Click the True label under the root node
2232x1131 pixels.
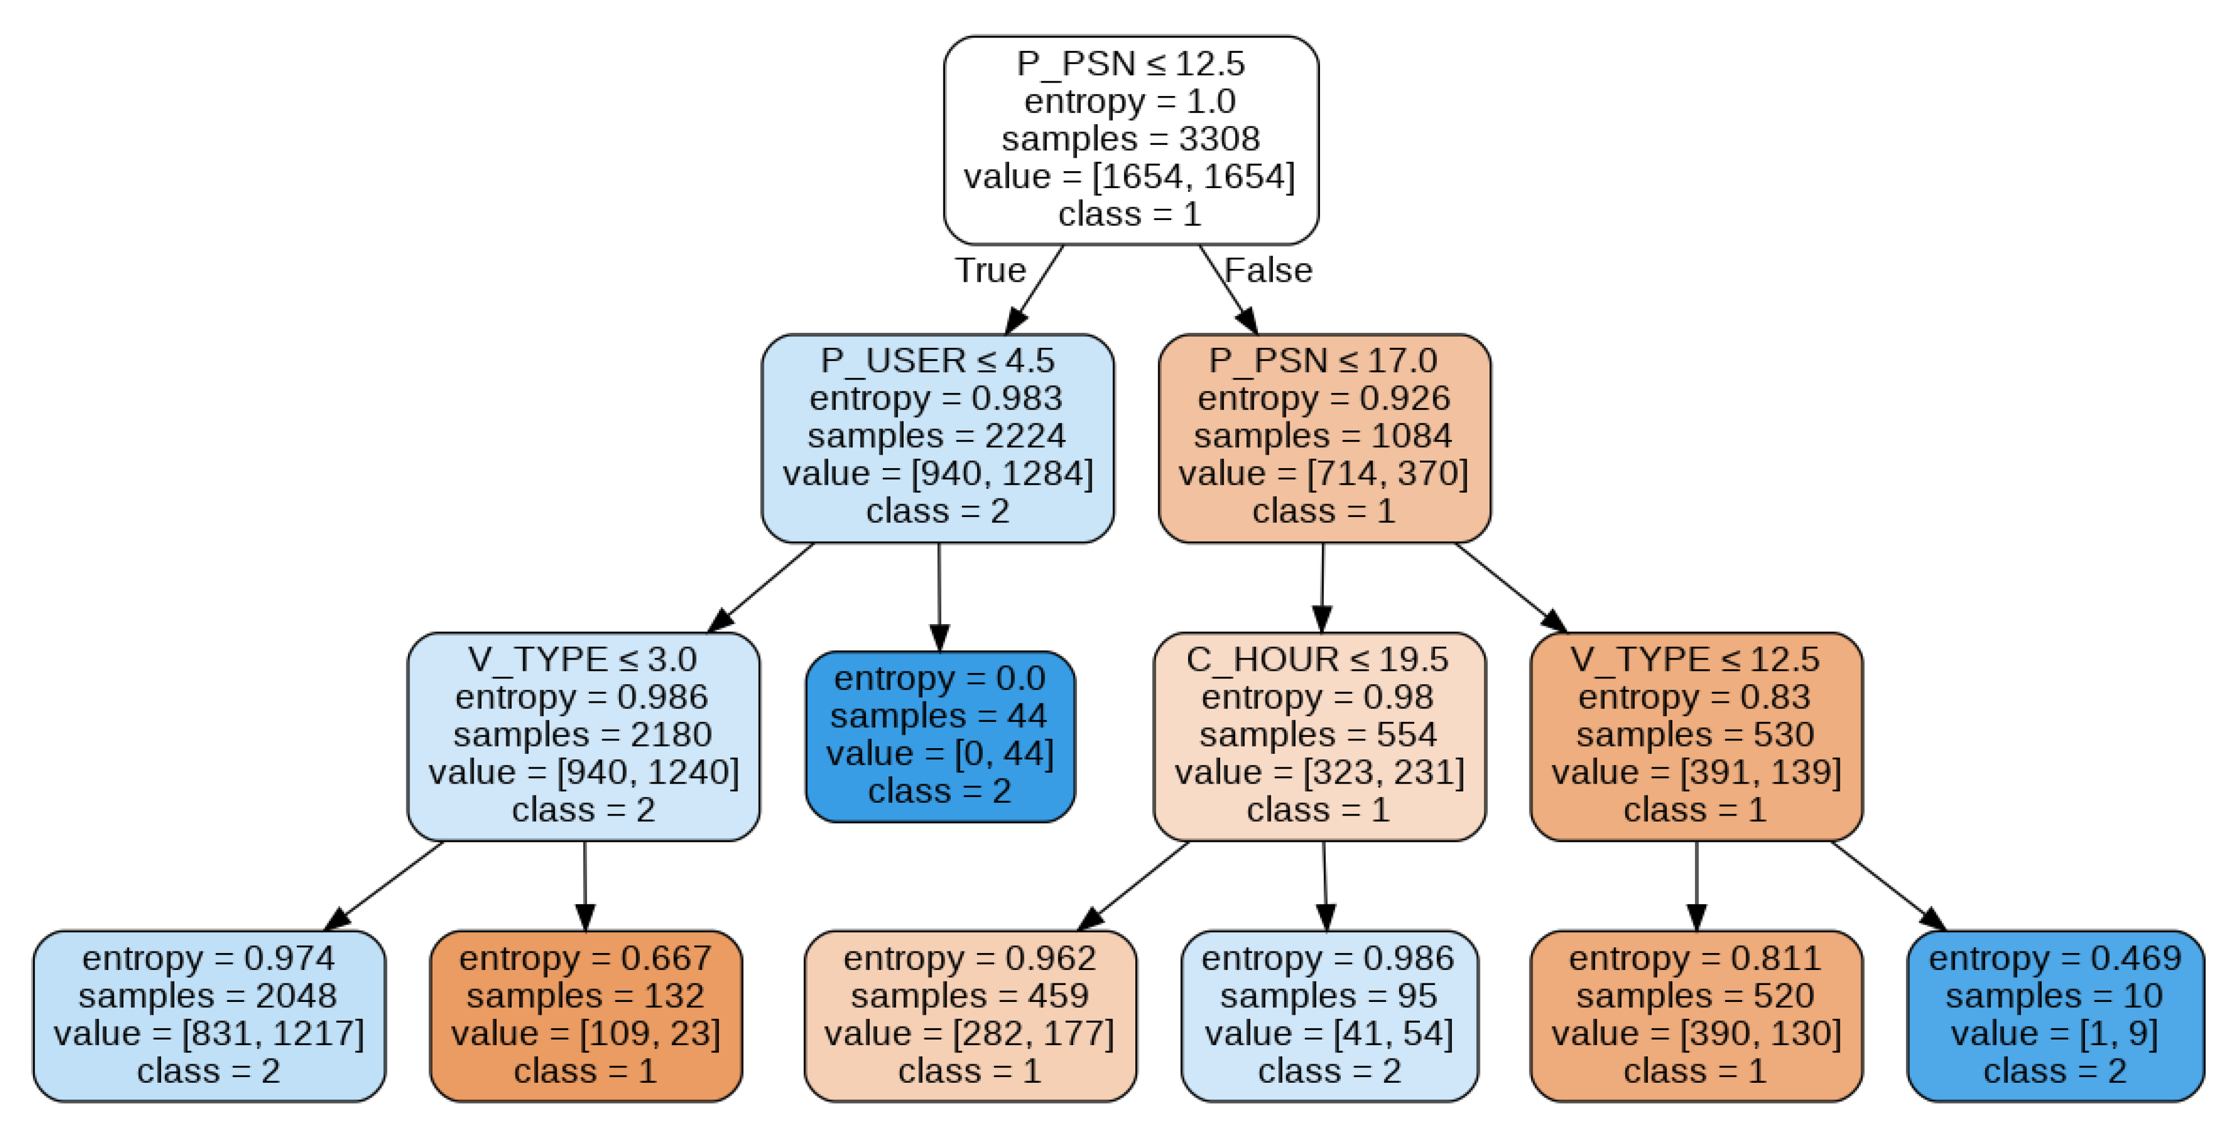click(x=991, y=271)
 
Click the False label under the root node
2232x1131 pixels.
click(x=1268, y=271)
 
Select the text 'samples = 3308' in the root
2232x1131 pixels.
click(x=1131, y=139)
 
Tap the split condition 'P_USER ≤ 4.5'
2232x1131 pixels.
click(x=937, y=360)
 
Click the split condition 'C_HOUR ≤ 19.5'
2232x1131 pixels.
click(x=1317, y=660)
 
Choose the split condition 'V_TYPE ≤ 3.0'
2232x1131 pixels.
click(x=582, y=660)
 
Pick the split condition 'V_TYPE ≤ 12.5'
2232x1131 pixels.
click(x=1695, y=660)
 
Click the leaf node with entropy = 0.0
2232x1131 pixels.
click(x=940, y=736)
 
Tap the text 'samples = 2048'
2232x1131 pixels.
click(x=208, y=996)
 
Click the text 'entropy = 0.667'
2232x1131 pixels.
click(x=586, y=959)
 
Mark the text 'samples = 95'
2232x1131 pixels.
click(x=1329, y=996)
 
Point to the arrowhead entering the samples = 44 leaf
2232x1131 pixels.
click(x=939, y=638)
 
